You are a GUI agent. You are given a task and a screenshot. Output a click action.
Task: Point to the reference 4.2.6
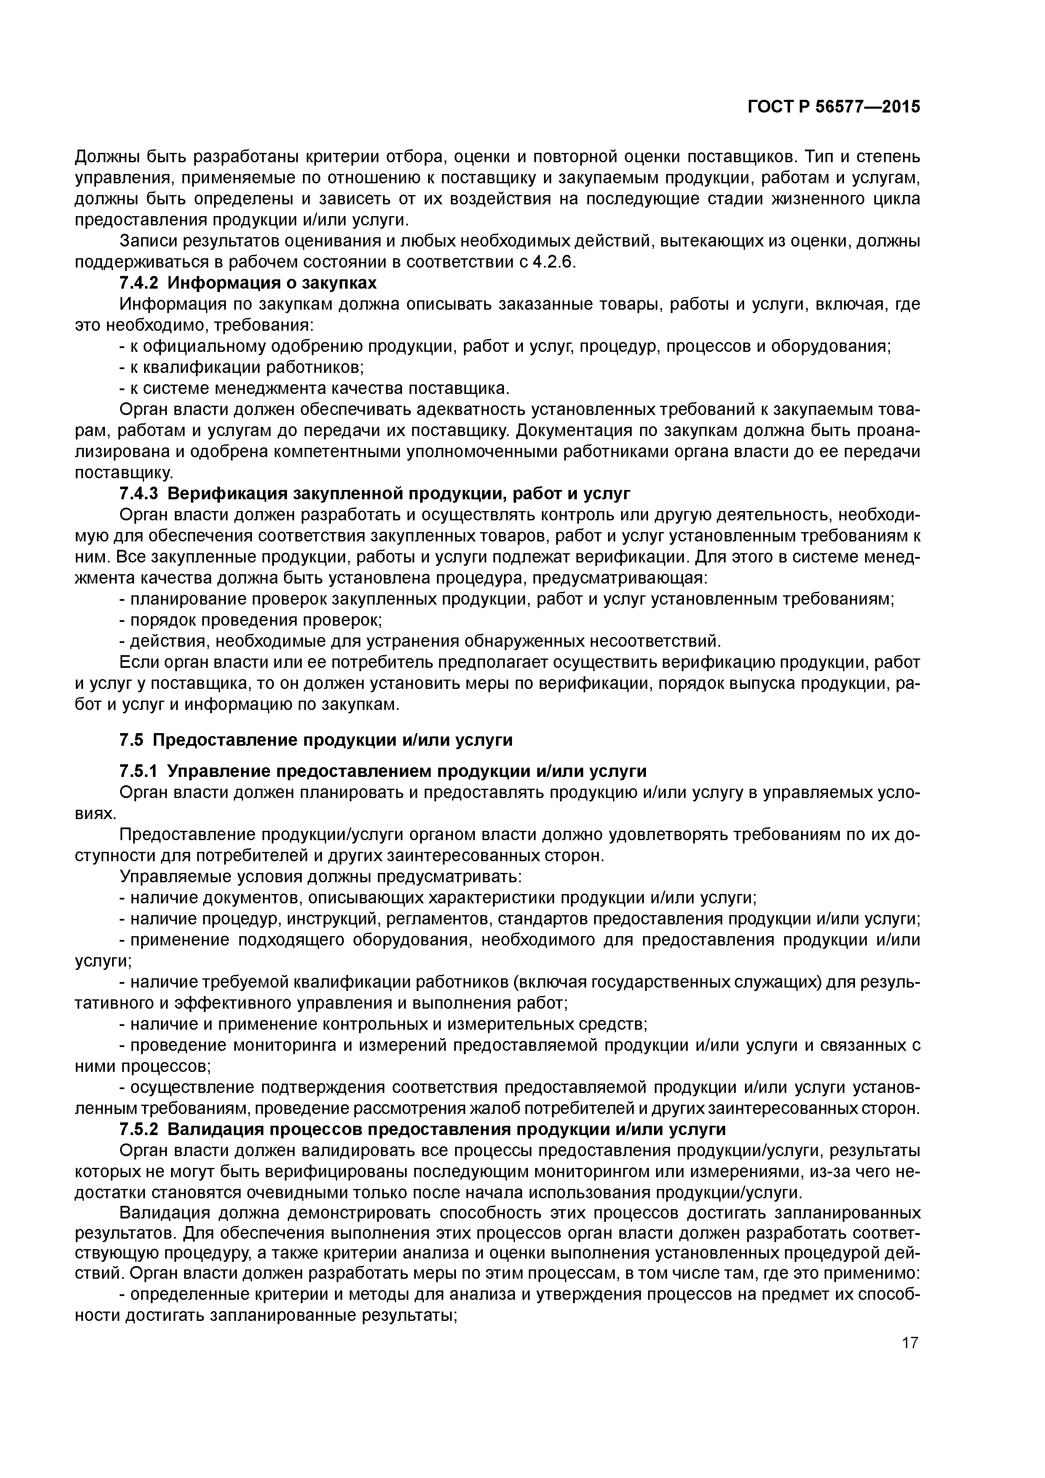pyautogui.click(x=553, y=262)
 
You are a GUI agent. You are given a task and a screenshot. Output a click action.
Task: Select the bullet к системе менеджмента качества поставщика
pyautogui.click(x=314, y=389)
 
